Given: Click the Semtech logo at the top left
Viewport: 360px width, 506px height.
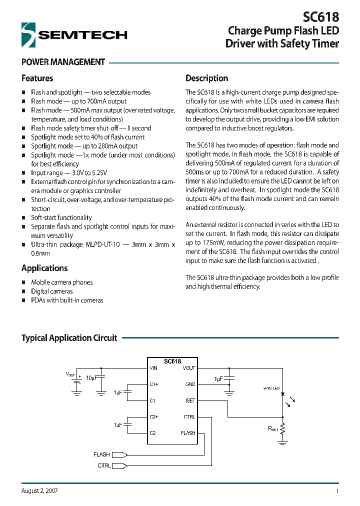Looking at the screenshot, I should coord(74,35).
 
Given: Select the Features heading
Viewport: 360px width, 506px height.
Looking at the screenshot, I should coord(37,78).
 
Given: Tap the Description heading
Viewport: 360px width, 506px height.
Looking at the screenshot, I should coord(206,78).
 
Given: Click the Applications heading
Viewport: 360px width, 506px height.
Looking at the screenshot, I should coord(44,268).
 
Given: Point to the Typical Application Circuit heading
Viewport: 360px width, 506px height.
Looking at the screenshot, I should coord(69,338).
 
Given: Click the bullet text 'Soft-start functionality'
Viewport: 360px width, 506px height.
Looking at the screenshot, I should coord(61,218).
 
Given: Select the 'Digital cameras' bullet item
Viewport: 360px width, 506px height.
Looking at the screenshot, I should coord(52,291).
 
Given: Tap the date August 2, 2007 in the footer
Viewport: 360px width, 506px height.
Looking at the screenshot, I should coord(39,491).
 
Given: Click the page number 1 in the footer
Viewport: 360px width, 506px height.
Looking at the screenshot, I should coord(337,491).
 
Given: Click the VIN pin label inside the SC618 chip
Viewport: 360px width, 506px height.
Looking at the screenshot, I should coord(153,368).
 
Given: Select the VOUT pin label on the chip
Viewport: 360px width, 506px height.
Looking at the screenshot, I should coord(189,368).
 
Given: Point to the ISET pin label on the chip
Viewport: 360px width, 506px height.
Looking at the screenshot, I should coord(190,401).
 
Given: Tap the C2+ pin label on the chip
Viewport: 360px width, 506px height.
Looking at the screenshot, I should coord(154,417).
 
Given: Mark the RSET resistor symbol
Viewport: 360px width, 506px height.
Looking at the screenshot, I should coord(283,428).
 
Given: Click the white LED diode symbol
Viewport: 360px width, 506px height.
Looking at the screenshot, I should coord(283,394).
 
